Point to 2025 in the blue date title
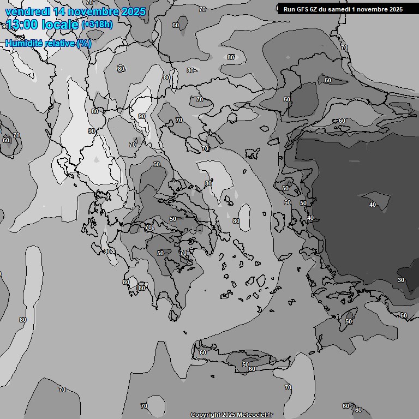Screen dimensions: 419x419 tap(134, 11)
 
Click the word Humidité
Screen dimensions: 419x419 tap(24, 43)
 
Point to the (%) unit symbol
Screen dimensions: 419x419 tap(85, 43)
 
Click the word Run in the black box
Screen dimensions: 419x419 tap(289, 9)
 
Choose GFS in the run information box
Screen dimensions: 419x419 tap(303, 9)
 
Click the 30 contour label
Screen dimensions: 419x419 tap(401, 280)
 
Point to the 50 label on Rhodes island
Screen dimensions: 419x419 tap(349, 322)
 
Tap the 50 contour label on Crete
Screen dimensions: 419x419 tap(246, 364)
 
